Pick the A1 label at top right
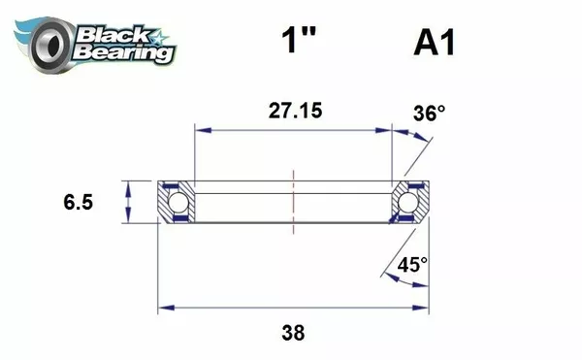(x=435, y=44)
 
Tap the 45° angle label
(x=411, y=264)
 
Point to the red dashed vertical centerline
(x=293, y=200)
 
